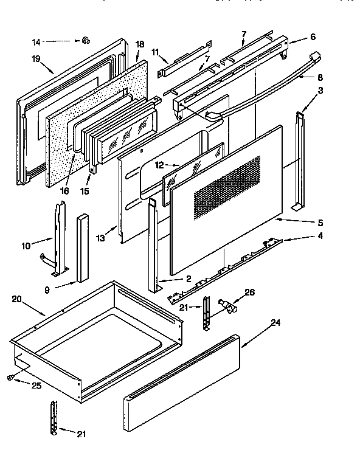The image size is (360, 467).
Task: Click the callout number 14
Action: (x=36, y=41)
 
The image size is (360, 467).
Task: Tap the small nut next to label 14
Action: (x=86, y=41)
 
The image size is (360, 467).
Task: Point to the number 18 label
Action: (x=139, y=45)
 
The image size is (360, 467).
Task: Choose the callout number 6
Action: (x=312, y=36)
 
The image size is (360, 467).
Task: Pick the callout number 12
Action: (x=158, y=164)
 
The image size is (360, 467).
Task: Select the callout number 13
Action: (x=100, y=238)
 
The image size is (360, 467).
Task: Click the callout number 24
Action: (x=275, y=323)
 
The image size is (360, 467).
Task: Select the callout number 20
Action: (x=17, y=299)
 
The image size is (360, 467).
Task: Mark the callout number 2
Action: (x=189, y=278)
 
